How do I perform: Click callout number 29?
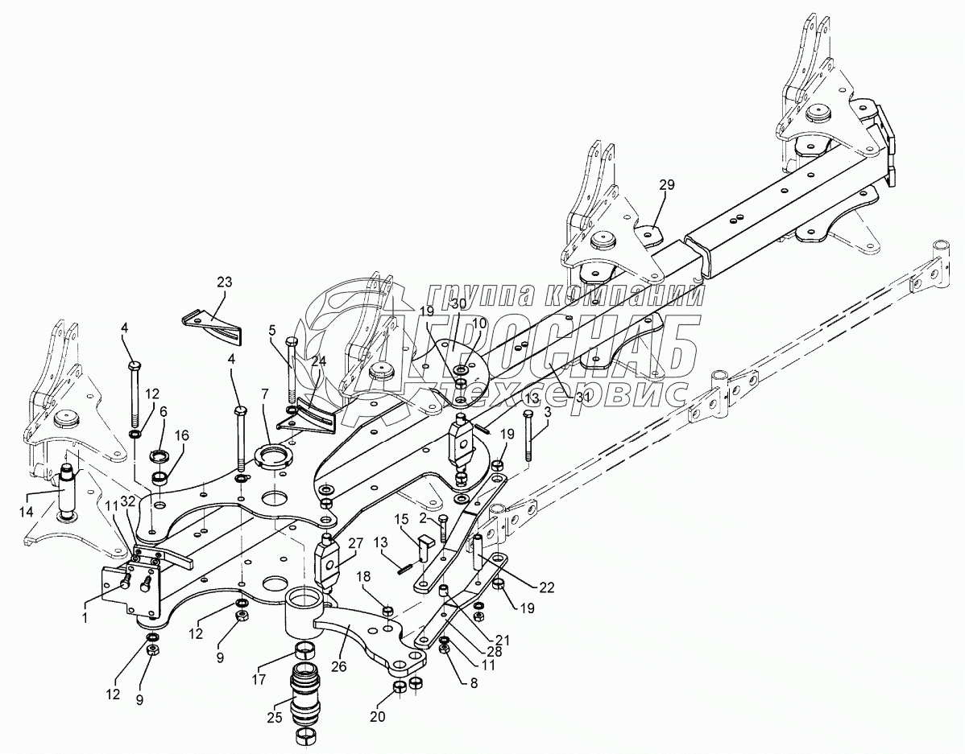666,186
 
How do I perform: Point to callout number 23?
223,282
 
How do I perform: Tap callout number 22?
547,587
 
